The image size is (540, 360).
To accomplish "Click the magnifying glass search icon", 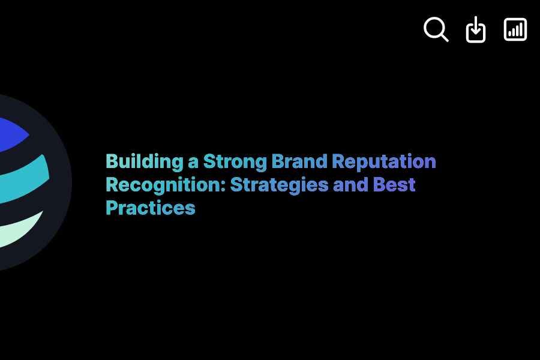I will pyautogui.click(x=436, y=29).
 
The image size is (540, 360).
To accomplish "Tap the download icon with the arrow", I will pyautogui.click(x=476, y=29).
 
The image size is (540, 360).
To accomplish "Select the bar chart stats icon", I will pyautogui.click(x=515, y=29).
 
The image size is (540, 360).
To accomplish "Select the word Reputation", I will pyautogui.click(x=384, y=162).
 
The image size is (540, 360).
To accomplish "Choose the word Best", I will pyautogui.click(x=394, y=185).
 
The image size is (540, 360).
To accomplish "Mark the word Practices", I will pyautogui.click(x=151, y=208).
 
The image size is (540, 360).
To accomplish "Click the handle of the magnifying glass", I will pyautogui.click(x=444, y=37).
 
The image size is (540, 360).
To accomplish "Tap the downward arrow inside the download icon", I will pyautogui.click(x=476, y=26).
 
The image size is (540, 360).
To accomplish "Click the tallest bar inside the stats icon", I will pyautogui.click(x=521, y=29).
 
